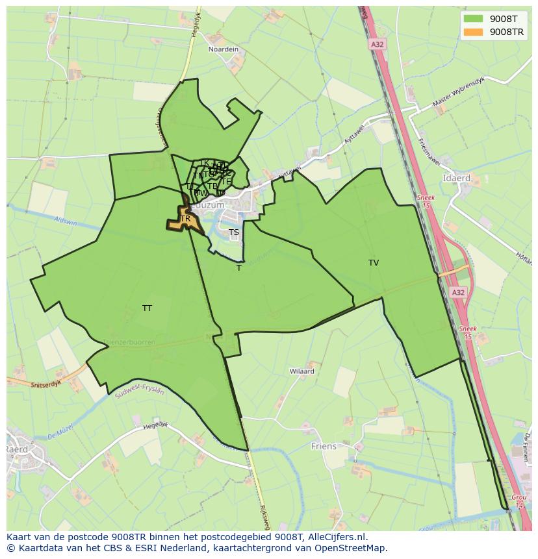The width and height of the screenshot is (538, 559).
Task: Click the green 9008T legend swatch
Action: [x=472, y=18]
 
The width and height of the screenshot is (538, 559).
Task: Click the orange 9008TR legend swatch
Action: [x=472, y=31]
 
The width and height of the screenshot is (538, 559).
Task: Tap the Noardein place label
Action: [x=223, y=49]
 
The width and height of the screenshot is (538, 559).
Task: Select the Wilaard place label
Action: [x=302, y=371]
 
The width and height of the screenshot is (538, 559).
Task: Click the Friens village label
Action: [x=324, y=446]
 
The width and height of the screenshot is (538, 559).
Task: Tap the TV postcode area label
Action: [x=374, y=263]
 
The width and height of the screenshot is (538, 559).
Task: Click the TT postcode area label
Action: [x=147, y=308]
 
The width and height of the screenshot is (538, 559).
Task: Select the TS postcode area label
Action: [x=234, y=232]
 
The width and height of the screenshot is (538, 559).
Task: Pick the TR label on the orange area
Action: [x=185, y=219]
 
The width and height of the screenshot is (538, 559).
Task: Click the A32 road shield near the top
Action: [x=377, y=44]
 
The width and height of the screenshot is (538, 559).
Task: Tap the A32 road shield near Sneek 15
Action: [x=459, y=293]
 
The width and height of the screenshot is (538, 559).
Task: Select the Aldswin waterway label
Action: [x=66, y=222]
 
